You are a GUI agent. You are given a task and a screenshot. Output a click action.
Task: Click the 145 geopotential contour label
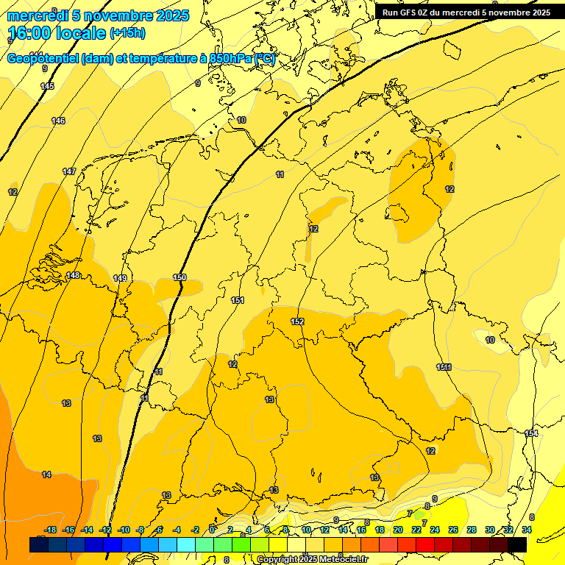(x=47, y=86)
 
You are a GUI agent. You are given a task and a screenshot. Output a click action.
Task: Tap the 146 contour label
(x=58, y=121)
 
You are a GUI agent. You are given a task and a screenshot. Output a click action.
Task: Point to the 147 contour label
(x=69, y=171)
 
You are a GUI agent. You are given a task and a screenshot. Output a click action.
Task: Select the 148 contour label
(x=73, y=276)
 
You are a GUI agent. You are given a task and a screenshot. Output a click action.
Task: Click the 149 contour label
(x=120, y=278)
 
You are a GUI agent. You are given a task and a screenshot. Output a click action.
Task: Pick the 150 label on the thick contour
(x=180, y=277)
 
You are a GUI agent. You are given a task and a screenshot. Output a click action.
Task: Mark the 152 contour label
(x=297, y=321)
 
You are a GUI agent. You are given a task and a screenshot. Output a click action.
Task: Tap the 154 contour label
(x=531, y=433)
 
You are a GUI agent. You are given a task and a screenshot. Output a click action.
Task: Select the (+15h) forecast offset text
(x=127, y=33)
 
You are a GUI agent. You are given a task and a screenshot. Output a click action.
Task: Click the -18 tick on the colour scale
(x=51, y=530)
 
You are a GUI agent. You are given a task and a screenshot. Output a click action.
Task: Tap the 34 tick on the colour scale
(x=527, y=530)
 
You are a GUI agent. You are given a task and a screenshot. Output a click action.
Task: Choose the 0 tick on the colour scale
(x=212, y=530)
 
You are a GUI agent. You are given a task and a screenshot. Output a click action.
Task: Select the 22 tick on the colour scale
(x=416, y=530)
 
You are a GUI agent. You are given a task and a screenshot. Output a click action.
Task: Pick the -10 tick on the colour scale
(x=124, y=530)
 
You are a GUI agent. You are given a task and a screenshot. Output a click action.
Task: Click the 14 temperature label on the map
(x=46, y=475)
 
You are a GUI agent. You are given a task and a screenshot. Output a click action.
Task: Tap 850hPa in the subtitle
(x=229, y=59)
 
